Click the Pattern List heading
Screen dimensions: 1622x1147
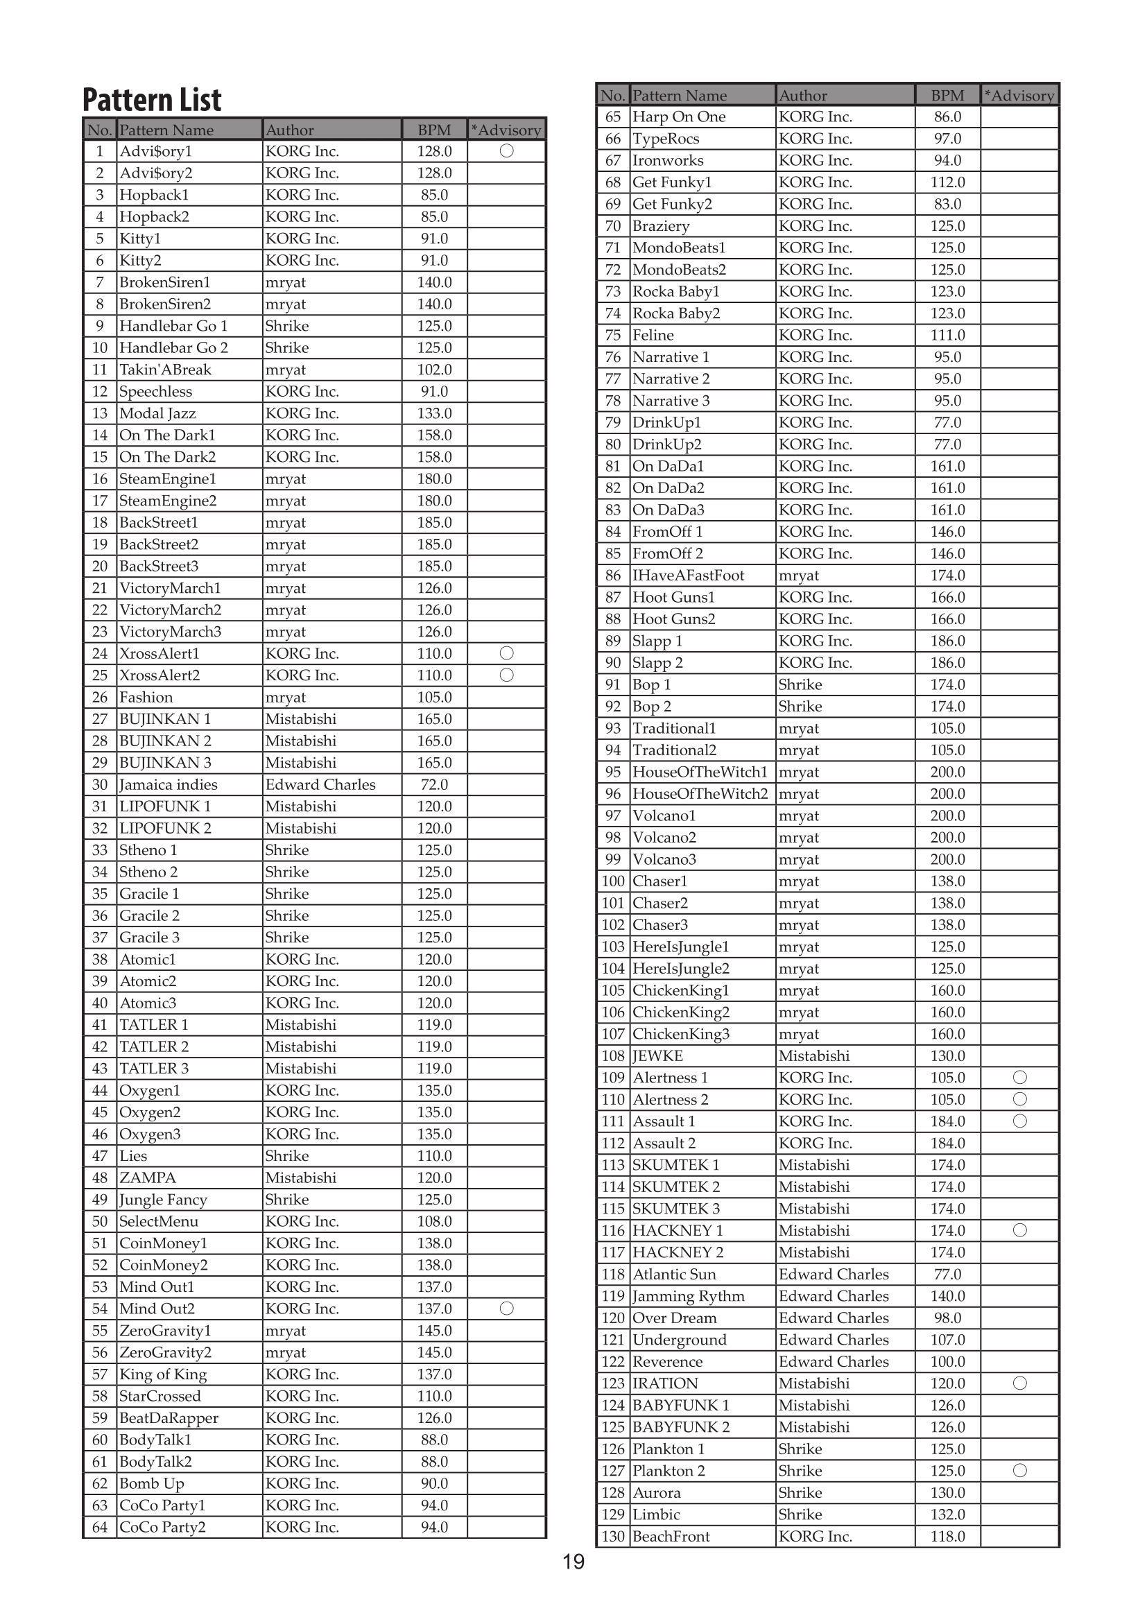point(152,100)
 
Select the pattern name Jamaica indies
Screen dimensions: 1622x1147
point(168,785)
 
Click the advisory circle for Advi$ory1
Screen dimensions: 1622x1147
point(506,151)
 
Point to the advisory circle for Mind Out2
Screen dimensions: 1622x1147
point(506,1309)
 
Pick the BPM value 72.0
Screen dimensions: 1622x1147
point(434,785)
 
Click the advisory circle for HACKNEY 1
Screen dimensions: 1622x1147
point(1019,1231)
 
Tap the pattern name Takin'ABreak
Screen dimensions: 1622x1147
point(165,370)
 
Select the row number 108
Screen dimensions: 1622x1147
point(613,1056)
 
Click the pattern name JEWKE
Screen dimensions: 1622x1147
point(657,1056)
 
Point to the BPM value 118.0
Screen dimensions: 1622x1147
point(947,1537)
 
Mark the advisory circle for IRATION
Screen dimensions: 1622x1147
point(1019,1383)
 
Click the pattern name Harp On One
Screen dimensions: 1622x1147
point(679,117)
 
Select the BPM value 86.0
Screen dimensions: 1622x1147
point(947,117)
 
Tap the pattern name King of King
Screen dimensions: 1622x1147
point(163,1374)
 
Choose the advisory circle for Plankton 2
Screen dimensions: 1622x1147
point(1019,1471)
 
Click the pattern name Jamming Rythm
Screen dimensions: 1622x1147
point(688,1296)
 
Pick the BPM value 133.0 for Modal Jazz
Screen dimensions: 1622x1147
point(434,413)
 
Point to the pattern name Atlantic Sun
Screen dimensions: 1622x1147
point(674,1275)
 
